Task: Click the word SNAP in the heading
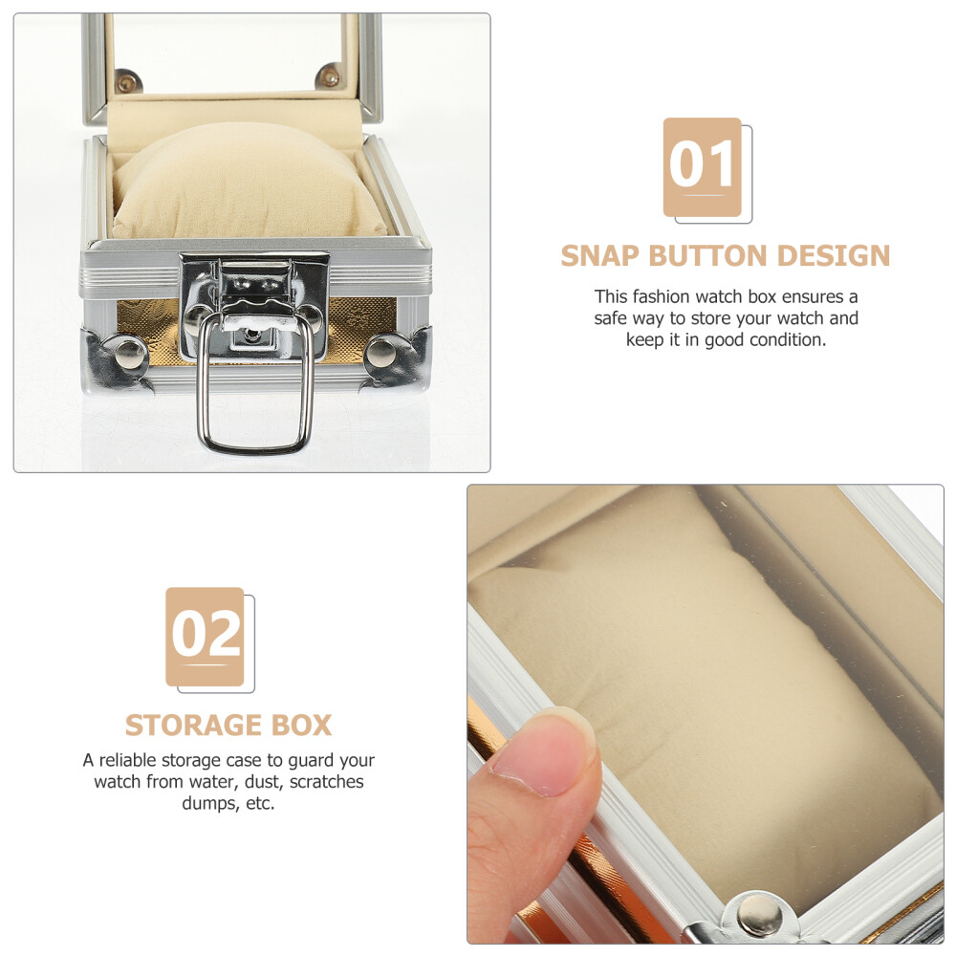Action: click(x=600, y=256)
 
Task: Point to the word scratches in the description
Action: click(x=327, y=782)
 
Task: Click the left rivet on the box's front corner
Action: click(x=129, y=355)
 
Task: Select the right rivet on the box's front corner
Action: click(x=380, y=355)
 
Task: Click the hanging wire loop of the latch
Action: click(x=255, y=449)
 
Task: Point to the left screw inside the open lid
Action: click(x=127, y=81)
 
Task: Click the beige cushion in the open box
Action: click(x=250, y=183)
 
